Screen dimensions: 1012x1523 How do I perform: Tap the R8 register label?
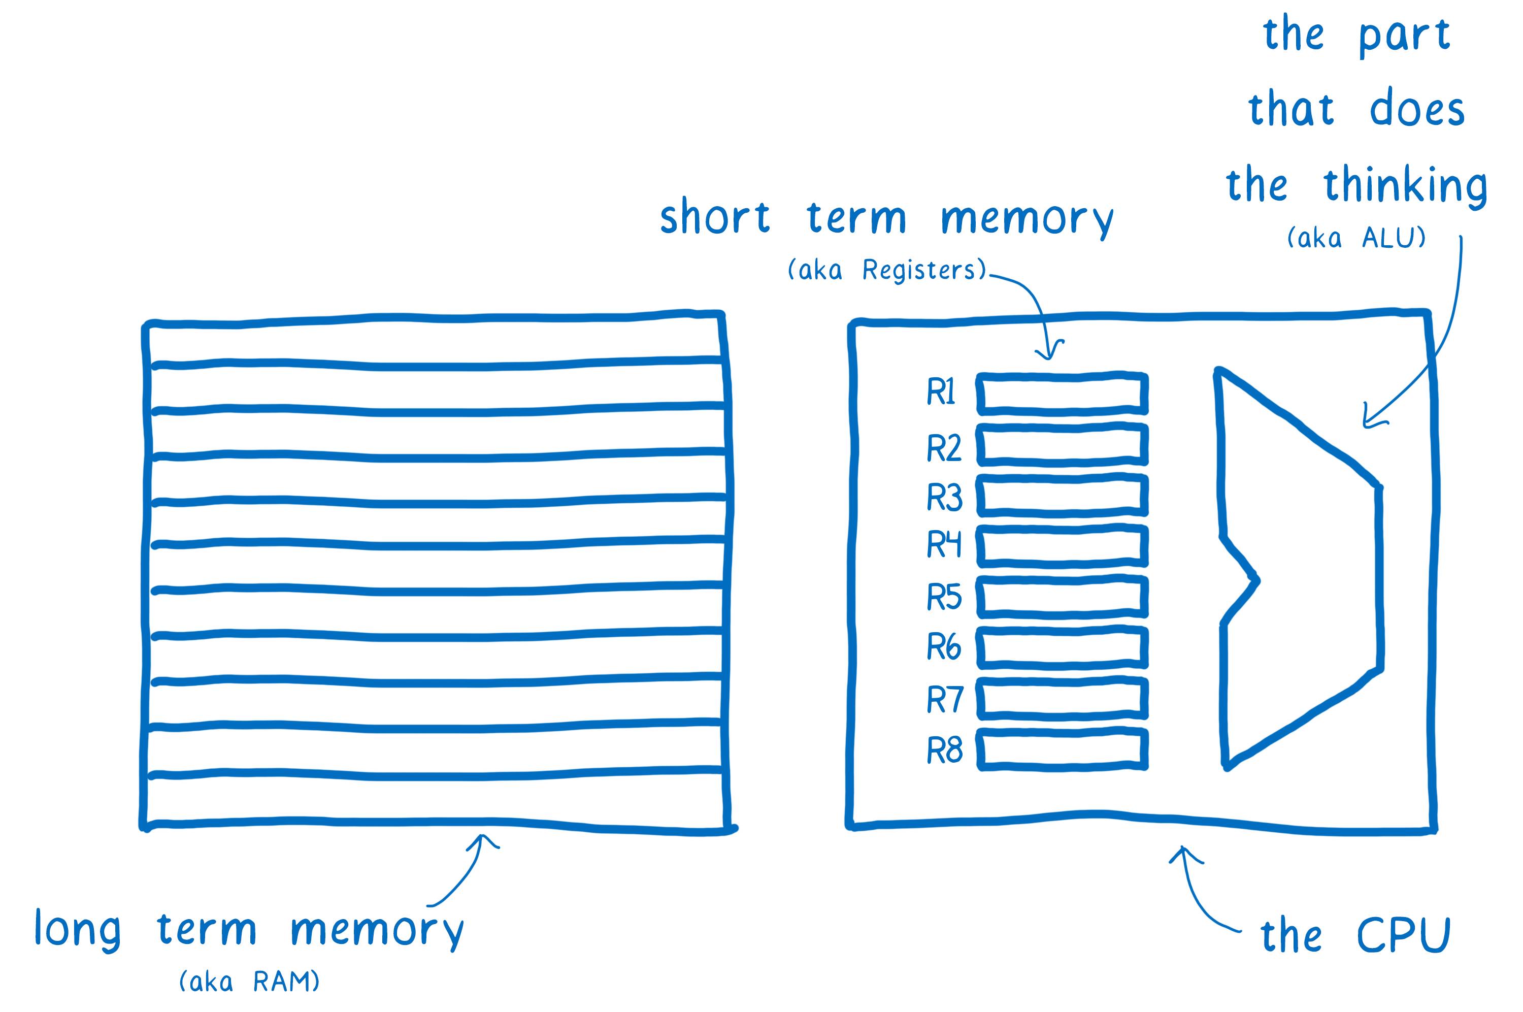coord(944,750)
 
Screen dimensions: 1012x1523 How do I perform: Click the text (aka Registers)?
coord(887,270)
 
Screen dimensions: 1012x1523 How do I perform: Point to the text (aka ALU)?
coord(1356,238)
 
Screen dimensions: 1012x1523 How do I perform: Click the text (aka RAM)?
coord(249,982)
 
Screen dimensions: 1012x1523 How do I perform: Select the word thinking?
coord(1405,186)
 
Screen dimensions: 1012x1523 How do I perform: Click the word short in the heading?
coord(715,217)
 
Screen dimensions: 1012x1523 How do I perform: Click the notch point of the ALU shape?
coord(1255,579)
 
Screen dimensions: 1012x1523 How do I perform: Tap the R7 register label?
coord(944,700)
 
